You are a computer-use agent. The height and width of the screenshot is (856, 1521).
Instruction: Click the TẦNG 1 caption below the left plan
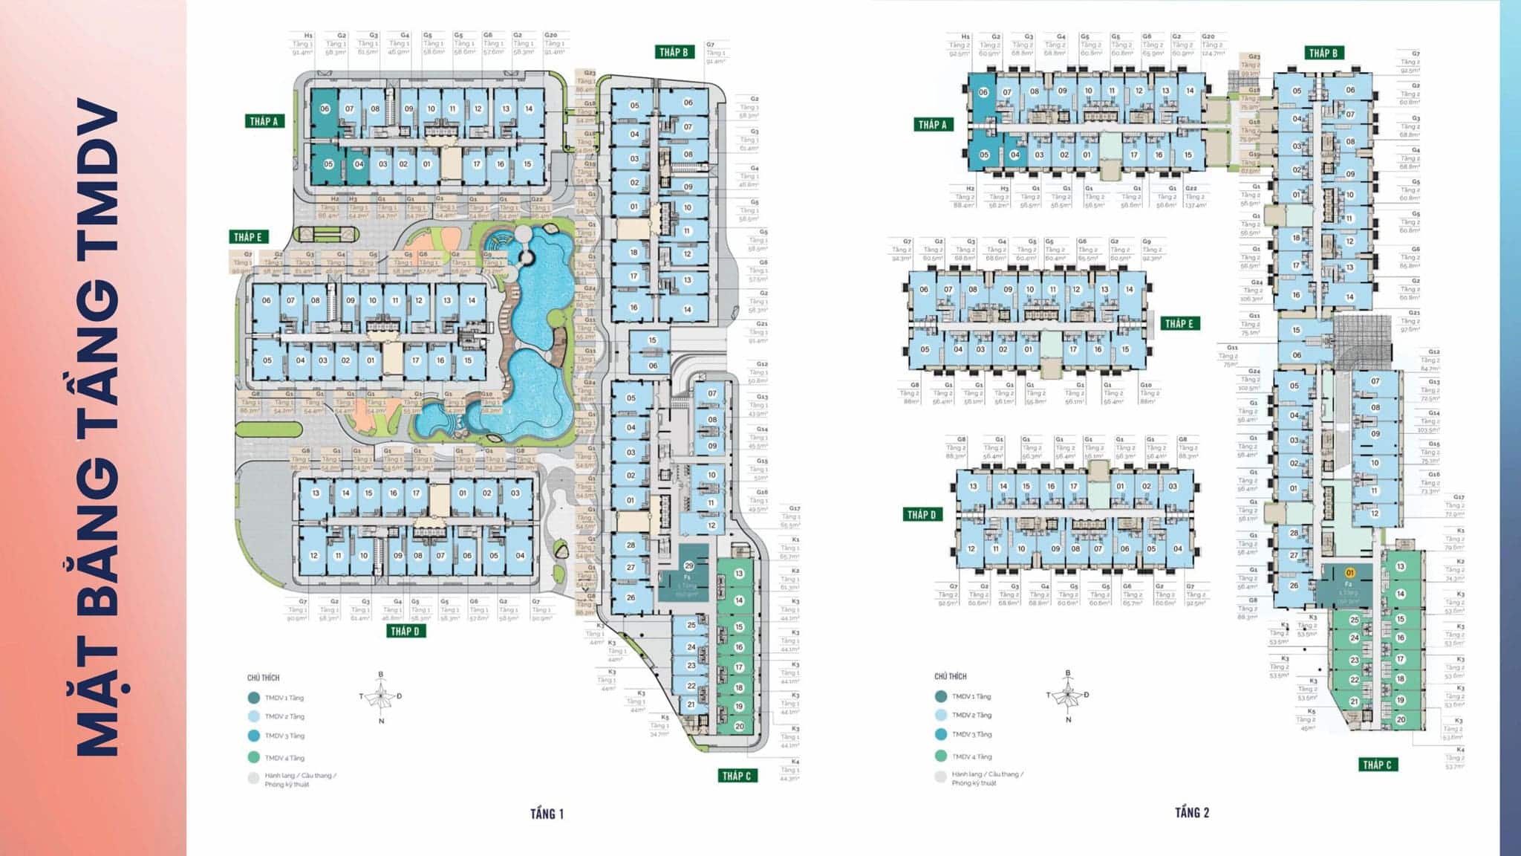point(547,814)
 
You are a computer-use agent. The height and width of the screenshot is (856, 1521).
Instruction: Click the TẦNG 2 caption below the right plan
point(1191,812)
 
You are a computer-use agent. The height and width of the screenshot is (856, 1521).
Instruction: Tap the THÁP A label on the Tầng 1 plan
point(264,121)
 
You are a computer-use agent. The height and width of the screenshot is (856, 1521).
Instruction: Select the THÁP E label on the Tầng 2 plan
point(1179,323)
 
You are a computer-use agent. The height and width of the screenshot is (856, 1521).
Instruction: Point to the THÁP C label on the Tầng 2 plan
point(1376,764)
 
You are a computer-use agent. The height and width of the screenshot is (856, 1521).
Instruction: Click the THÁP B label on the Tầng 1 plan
point(674,52)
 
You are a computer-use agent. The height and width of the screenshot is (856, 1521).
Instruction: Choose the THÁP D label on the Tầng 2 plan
point(921,514)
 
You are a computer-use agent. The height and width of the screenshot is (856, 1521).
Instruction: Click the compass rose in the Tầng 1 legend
point(382,697)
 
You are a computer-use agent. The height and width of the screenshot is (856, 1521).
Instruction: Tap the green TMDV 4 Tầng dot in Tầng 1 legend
point(254,758)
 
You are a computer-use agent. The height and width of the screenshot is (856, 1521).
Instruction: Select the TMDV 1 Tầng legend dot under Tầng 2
point(941,696)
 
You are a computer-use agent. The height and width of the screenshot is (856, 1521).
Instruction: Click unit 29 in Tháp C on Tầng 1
point(688,566)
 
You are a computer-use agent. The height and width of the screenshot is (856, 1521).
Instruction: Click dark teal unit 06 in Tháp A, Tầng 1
point(325,108)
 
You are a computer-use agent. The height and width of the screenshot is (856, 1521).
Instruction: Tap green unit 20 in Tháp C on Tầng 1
point(739,726)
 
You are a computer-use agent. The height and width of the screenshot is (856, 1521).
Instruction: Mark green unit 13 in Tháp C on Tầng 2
point(1400,566)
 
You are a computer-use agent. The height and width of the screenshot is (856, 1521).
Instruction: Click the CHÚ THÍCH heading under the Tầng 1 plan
point(263,678)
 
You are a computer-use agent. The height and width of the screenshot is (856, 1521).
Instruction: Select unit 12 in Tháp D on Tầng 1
point(314,555)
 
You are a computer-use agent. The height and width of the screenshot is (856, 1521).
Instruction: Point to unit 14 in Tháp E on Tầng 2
point(1129,290)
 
